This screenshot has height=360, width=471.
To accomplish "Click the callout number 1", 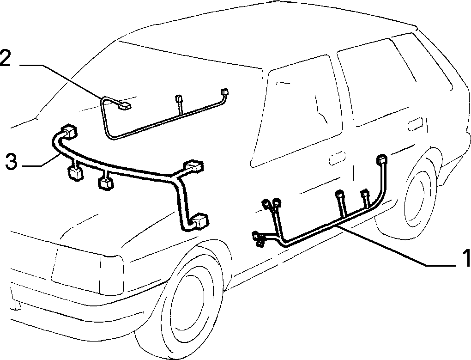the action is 466,258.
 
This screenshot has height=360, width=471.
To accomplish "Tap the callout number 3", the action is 12,162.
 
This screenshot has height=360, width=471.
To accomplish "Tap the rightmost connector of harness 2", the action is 224,92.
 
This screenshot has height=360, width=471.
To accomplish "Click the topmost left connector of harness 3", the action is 69,131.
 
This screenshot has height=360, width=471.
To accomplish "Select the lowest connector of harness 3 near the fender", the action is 200,221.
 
